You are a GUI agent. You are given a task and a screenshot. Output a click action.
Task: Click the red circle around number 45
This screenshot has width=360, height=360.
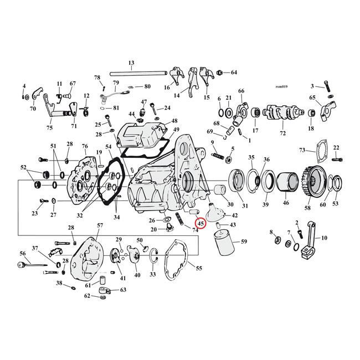[x=200, y=223]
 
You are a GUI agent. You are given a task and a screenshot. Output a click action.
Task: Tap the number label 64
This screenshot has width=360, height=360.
[x=233, y=73]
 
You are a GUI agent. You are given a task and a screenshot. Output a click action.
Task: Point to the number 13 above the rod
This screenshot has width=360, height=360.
[x=131, y=63]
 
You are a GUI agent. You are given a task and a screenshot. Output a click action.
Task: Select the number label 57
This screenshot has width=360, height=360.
[x=100, y=225]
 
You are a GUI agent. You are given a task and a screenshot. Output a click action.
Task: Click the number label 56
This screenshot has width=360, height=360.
[x=23, y=253]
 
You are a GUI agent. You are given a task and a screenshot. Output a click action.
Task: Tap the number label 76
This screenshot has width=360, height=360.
[x=85, y=146]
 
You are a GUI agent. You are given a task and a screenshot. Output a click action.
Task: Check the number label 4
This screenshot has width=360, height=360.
[x=24, y=86]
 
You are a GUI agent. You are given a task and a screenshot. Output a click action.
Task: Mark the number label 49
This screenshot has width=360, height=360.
[x=176, y=130]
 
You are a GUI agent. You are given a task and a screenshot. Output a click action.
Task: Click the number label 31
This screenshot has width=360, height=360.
[x=245, y=205]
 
